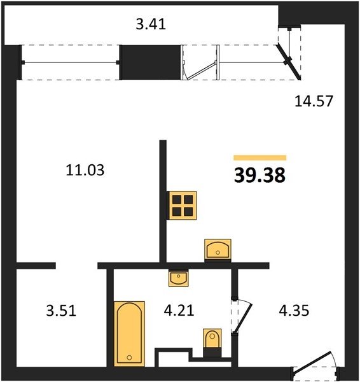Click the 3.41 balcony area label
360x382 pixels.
pos(151,24)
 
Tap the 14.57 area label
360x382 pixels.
pos(314,101)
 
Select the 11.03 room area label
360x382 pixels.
pos(85,170)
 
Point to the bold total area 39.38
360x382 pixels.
pos(260,176)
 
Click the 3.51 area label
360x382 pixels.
pos(61,311)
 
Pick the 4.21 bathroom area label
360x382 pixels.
pos(179,311)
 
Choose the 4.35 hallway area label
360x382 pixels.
pos(294,311)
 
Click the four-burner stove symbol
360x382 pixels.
pos(183,206)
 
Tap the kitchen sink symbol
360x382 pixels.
pos(218,250)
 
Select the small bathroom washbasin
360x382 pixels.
pos(179,278)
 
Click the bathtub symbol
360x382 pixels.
pos(130,334)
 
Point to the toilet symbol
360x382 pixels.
pos(212,343)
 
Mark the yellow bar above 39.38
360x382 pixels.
pos(260,158)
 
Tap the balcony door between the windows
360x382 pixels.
pos(200,71)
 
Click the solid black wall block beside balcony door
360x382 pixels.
pos(151,62)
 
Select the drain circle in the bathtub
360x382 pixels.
pos(129,358)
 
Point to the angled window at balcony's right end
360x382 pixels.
pos(289,62)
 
